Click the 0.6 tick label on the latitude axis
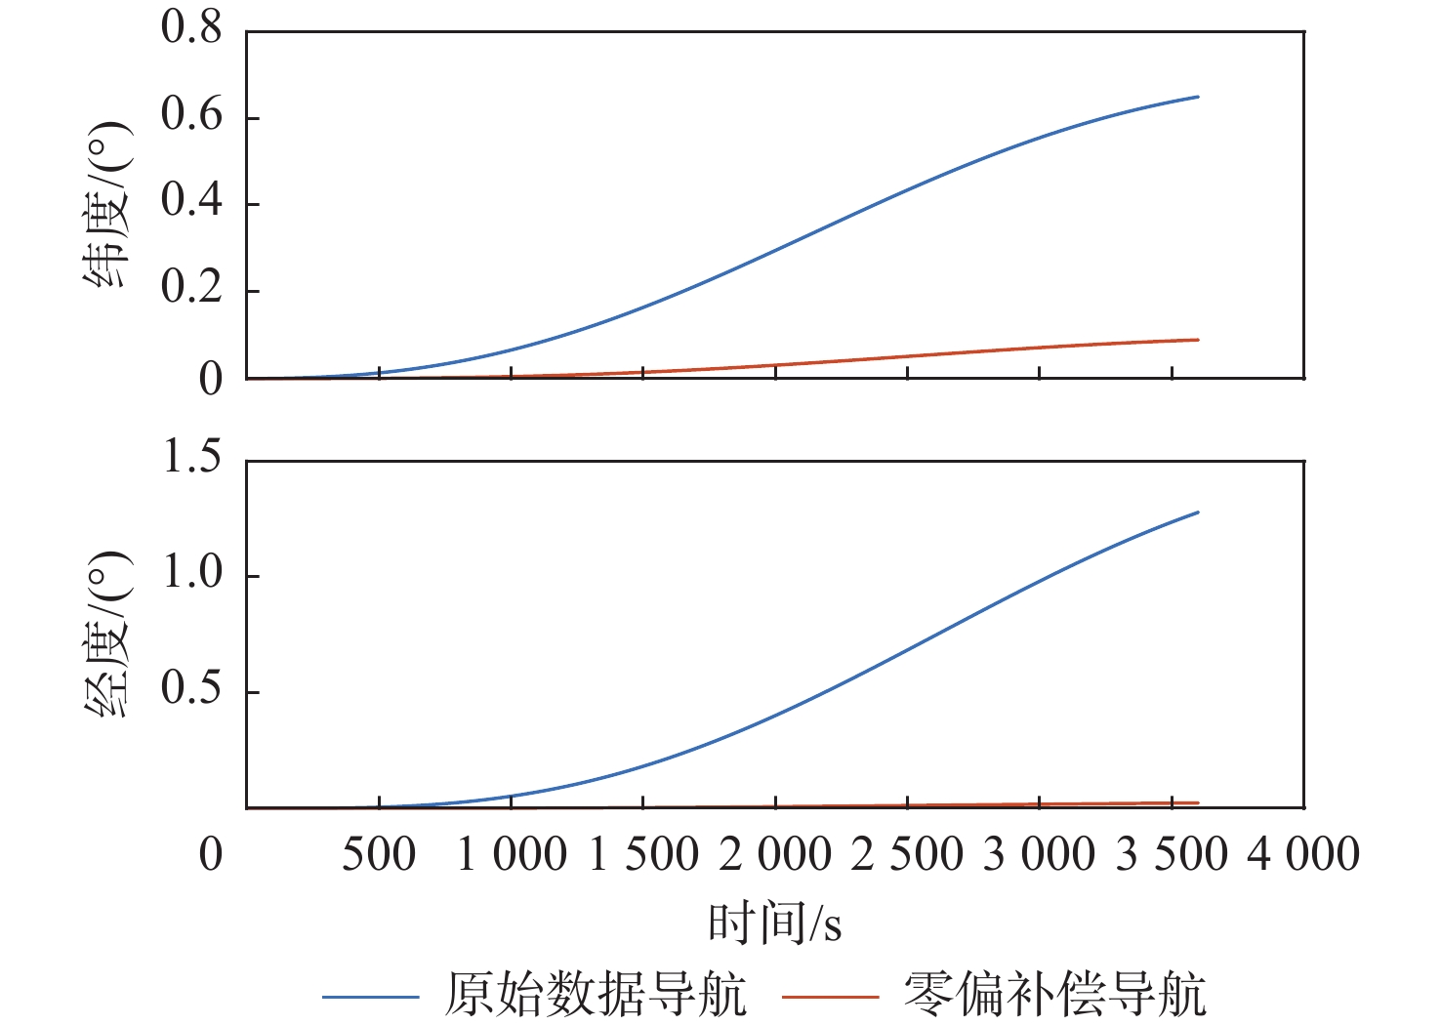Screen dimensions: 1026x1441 tap(191, 115)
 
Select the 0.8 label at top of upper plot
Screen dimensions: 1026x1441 tap(191, 28)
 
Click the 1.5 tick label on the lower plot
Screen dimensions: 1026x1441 tap(191, 457)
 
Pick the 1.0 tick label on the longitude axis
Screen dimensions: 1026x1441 tap(191, 573)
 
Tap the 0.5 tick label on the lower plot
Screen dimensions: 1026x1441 tap(191, 689)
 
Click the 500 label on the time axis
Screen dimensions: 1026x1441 tap(379, 855)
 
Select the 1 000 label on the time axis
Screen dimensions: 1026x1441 tap(512, 855)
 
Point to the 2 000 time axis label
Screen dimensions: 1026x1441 tap(775, 855)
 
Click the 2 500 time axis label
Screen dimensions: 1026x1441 tap(907, 855)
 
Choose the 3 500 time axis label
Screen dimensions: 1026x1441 tap(1172, 855)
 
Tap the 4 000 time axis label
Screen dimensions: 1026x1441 tap(1303, 855)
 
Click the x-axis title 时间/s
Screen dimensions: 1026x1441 tap(775, 923)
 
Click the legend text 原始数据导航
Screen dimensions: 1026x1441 tap(596, 996)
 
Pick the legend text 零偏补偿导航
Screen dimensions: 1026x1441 tap(1054, 996)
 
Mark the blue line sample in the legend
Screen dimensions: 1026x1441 tap(371, 997)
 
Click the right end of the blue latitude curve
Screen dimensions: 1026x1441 tap(1197, 97)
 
